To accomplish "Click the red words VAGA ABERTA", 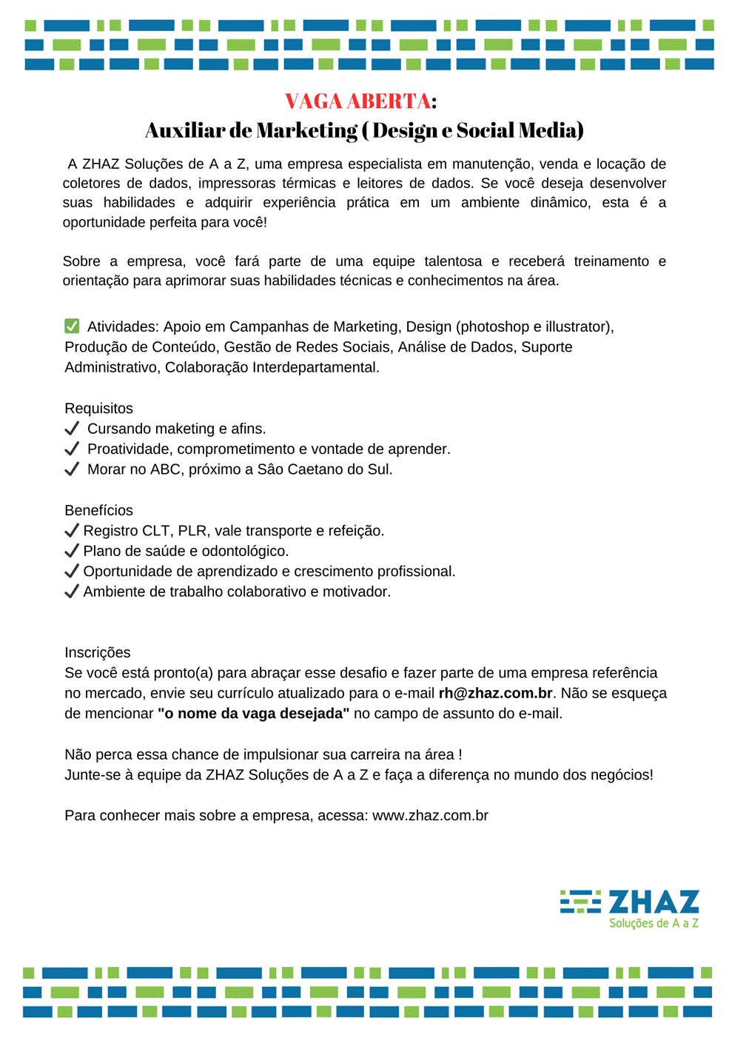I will click(x=357, y=101).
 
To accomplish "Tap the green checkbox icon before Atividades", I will click(x=72, y=326).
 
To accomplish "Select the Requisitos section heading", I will click(x=98, y=408).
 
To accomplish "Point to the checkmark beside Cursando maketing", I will click(x=72, y=429).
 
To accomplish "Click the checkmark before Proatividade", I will click(x=72, y=449).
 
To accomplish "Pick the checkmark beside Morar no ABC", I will click(x=72, y=469).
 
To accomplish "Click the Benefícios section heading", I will click(x=98, y=510).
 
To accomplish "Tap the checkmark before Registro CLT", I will click(x=72, y=530).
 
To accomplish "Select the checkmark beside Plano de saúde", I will click(x=72, y=551).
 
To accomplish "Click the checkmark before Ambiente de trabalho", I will click(x=72, y=592).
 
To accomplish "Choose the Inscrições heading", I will click(x=97, y=652).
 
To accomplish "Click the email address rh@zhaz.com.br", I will click(x=495, y=693).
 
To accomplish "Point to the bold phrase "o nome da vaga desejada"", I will click(x=253, y=714).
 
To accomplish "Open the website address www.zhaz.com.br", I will click(x=430, y=815).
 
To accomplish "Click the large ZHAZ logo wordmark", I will click(x=654, y=903).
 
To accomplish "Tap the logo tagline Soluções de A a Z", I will click(x=654, y=923).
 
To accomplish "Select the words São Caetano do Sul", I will click(x=324, y=469).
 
